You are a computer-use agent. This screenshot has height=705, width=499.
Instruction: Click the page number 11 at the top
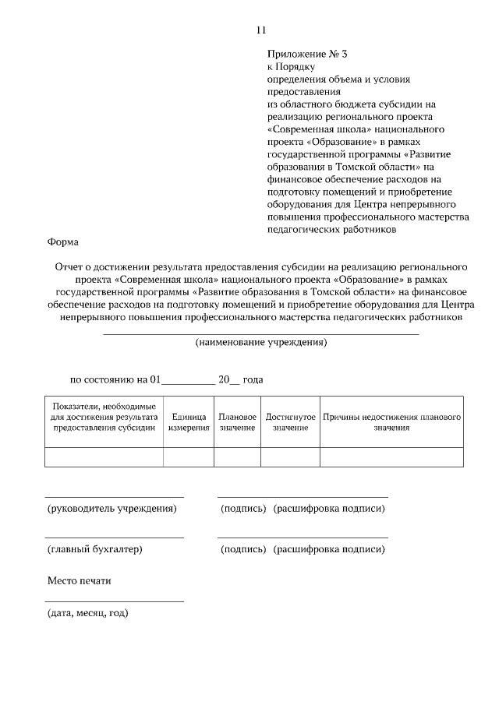tap(261, 30)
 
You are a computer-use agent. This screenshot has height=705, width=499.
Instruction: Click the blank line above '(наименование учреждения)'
tap(261, 334)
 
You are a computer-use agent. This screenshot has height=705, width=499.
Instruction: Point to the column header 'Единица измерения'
tap(188, 422)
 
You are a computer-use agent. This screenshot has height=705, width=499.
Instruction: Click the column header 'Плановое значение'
tap(237, 422)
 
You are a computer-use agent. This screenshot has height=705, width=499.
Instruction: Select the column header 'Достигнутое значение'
tap(290, 422)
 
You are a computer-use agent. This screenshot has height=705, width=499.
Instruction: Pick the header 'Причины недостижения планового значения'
tap(391, 422)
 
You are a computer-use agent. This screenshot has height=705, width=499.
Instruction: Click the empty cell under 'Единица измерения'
tap(188, 457)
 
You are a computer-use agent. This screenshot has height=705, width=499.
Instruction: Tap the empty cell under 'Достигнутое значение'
tap(290, 457)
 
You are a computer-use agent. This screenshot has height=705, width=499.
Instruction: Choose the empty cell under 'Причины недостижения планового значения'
tap(391, 457)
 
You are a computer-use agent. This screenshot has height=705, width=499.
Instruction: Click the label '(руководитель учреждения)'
tap(111, 509)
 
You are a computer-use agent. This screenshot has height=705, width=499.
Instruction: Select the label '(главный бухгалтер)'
tap(95, 549)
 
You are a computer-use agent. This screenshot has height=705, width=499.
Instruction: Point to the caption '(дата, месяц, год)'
tap(88, 613)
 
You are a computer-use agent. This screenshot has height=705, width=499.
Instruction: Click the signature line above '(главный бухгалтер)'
tap(115, 538)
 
